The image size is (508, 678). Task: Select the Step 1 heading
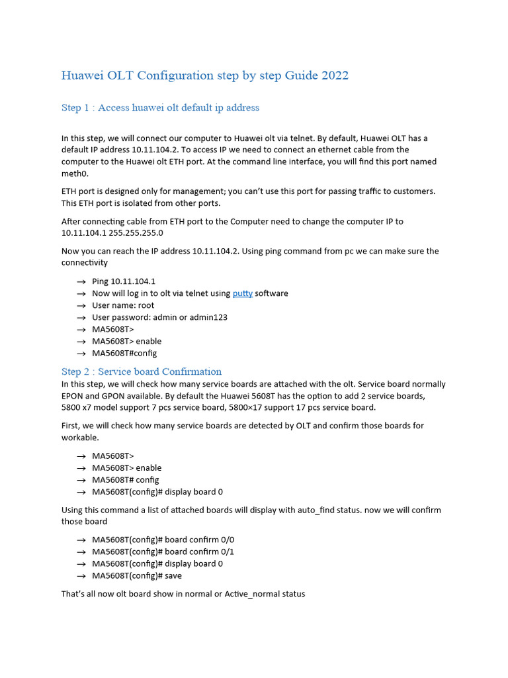160,107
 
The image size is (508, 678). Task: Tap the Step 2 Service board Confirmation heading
142,371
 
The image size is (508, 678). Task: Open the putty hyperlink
242,293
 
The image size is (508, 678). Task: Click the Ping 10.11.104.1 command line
124,281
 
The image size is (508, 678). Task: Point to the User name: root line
123,305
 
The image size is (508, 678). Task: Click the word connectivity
84,263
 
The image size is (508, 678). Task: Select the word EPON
74,396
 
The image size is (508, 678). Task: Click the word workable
81,438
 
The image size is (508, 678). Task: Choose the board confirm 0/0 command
163,540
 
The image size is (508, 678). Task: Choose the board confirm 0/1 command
163,552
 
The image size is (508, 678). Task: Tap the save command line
137,575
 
